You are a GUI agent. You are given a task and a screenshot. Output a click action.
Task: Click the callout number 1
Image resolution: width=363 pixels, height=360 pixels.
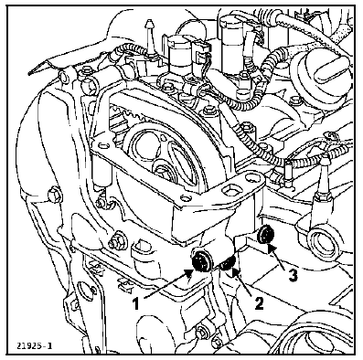click(136, 303)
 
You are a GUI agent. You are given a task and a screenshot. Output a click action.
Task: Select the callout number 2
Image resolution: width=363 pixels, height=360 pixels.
click(259, 303)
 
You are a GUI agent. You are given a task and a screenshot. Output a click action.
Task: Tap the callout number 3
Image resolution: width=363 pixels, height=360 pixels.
click(293, 275)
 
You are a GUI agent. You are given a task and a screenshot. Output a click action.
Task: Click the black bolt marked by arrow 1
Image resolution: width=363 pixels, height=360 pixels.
click(200, 261)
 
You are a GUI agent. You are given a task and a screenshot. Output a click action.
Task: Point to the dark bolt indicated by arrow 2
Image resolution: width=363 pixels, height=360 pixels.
click(228, 264)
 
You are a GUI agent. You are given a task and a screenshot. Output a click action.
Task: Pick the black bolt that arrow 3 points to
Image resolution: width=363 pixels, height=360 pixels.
click(266, 235)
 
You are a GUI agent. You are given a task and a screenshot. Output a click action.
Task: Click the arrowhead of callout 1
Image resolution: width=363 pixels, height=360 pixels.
click(189, 274)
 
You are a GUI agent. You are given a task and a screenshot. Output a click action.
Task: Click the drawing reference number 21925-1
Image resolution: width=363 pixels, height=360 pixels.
click(35, 345)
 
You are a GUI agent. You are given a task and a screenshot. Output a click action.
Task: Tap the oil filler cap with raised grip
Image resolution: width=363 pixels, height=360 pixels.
click(322, 71)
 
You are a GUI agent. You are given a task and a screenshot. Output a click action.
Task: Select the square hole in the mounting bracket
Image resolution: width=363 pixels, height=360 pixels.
click(229, 191)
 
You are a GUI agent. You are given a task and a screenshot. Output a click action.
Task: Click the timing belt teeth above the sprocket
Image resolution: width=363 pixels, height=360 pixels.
click(126, 116)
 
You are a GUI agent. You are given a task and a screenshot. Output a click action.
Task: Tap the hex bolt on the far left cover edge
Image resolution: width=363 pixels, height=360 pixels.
click(55, 195)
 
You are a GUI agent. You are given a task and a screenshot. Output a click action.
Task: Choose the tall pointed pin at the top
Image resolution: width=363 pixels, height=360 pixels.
click(149, 37)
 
